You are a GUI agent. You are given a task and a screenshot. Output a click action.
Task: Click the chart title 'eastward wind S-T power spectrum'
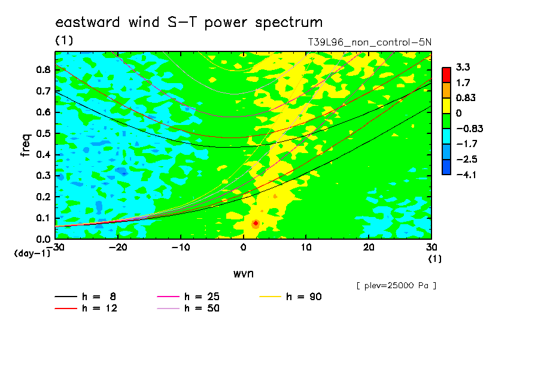[189, 23]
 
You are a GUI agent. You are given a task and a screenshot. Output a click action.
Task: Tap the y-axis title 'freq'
[26, 145]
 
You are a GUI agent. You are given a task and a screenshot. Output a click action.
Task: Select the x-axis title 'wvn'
[244, 274]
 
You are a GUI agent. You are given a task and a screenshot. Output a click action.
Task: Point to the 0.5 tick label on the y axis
[44, 133]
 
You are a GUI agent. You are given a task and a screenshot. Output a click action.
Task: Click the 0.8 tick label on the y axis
[44, 69]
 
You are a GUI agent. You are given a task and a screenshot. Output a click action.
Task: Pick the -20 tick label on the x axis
[118, 248]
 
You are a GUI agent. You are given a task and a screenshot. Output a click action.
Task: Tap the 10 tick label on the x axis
[306, 248]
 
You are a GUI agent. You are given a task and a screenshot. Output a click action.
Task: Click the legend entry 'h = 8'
[86, 297]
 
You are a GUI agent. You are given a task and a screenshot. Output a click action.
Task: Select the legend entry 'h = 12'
[86, 308]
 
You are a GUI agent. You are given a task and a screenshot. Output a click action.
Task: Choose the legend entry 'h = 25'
[188, 297]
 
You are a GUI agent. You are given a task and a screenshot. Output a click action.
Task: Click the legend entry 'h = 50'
[188, 308]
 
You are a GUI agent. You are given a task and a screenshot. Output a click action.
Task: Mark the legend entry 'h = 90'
[290, 297]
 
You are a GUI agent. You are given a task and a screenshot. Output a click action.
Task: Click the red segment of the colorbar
[446, 75]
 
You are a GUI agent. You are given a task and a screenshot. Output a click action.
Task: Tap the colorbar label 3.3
[463, 67]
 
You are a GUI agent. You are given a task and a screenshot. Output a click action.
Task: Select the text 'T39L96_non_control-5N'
[369, 42]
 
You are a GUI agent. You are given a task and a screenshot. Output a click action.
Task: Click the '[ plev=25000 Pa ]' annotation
[396, 286]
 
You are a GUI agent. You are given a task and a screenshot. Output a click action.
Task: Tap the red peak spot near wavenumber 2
[256, 224]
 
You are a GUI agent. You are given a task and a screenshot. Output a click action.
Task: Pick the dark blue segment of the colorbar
[446, 167]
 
